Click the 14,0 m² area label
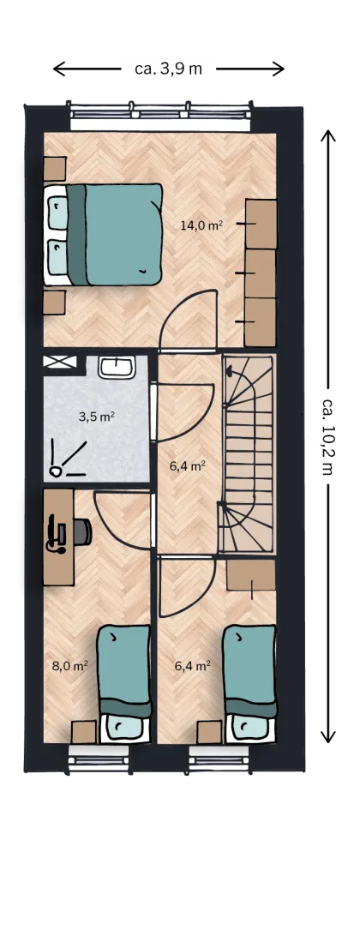[x=201, y=225]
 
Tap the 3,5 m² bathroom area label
[x=96, y=417]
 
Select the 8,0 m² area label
[x=70, y=666]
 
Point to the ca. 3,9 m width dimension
[x=168, y=69]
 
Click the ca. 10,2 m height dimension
[x=327, y=435]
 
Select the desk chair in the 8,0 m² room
[x=83, y=532]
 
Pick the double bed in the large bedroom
[x=103, y=234]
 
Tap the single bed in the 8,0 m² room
[x=124, y=683]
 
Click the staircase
[x=249, y=454]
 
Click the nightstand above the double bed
[x=54, y=168]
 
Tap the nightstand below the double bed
[x=54, y=302]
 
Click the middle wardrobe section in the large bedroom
[x=261, y=273]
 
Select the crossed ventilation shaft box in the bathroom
[x=60, y=361]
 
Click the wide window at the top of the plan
[x=160, y=116]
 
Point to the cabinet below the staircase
[x=251, y=574]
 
